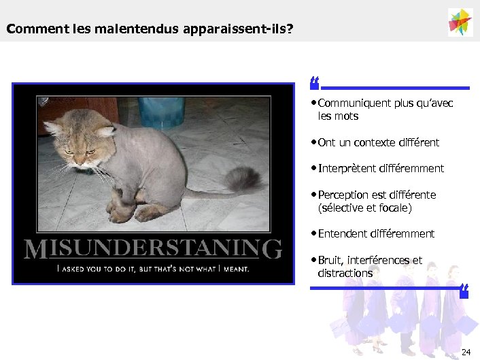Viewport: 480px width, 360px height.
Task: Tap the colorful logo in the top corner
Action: click(460, 22)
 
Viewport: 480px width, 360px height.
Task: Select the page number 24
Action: click(465, 352)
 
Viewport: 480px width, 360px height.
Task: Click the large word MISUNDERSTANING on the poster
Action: click(153, 248)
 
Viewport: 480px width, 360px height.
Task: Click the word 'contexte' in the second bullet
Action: click(378, 142)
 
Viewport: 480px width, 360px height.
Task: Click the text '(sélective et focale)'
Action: click(364, 208)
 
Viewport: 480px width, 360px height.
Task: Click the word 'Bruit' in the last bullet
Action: click(330, 260)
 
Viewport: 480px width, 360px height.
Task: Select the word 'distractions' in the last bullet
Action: click(345, 273)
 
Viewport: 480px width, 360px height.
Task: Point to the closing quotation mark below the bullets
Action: click(464, 292)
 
